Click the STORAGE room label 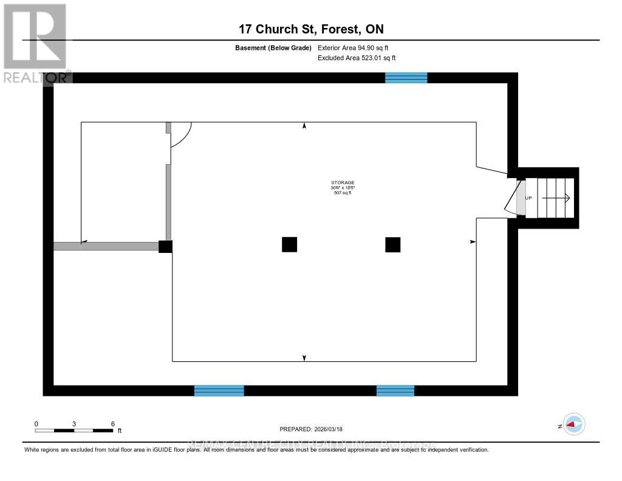pyautogui.click(x=343, y=182)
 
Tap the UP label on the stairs pyautogui.click(x=528, y=198)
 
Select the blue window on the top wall pyautogui.click(x=406, y=78)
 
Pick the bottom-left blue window pyautogui.click(x=219, y=390)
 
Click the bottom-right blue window pyautogui.click(x=395, y=390)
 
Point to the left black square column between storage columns pyautogui.click(x=289, y=244)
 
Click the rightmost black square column pyautogui.click(x=392, y=244)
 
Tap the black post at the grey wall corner pyautogui.click(x=165, y=246)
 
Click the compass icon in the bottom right pyautogui.click(x=573, y=424)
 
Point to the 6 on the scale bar pyautogui.click(x=112, y=423)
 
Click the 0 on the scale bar pyautogui.click(x=36, y=423)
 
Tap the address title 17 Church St pyautogui.click(x=310, y=29)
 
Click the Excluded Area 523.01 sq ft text pyautogui.click(x=357, y=58)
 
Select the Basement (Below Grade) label pyautogui.click(x=273, y=47)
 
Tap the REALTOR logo pyautogui.click(x=36, y=43)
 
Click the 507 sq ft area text pyautogui.click(x=343, y=193)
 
